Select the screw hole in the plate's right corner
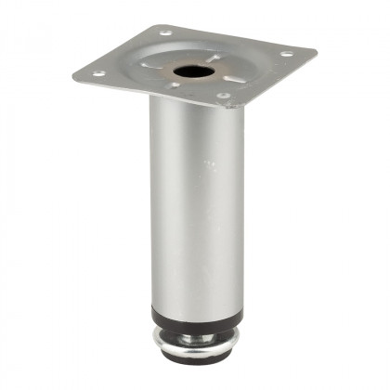[286, 54]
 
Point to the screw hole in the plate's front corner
[224, 95]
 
